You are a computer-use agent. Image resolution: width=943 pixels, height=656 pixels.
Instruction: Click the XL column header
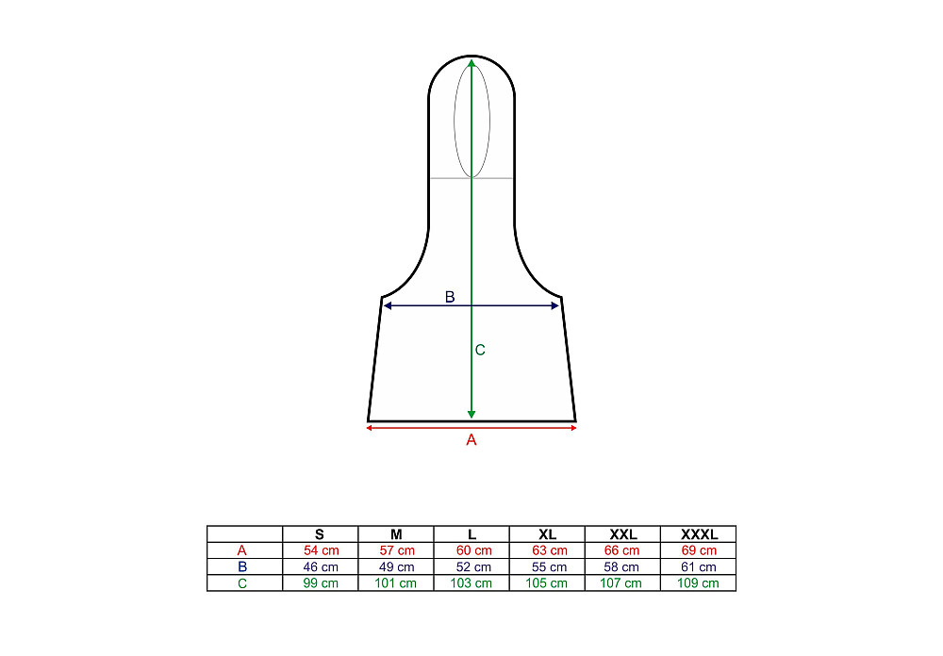click(547, 533)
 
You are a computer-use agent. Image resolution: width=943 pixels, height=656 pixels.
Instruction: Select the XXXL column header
click(699, 533)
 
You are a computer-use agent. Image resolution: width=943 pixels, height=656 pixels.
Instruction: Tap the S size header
click(320, 533)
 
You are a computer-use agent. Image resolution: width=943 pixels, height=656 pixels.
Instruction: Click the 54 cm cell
click(322, 550)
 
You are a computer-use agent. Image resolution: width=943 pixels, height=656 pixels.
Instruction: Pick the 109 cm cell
click(698, 582)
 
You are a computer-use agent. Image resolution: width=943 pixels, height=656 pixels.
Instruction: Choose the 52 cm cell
click(473, 566)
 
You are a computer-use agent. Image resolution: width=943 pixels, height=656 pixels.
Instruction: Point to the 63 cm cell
click(549, 550)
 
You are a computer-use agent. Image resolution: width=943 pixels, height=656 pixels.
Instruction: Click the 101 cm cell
click(395, 582)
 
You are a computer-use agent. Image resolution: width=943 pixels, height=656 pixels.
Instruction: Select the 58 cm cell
click(621, 566)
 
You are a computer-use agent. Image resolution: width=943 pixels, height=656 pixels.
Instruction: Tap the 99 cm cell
click(321, 582)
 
